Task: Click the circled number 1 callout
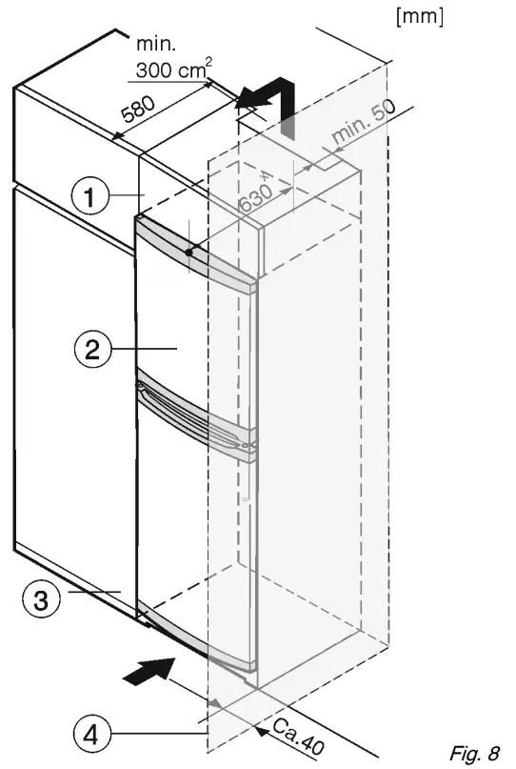pyautogui.click(x=89, y=197)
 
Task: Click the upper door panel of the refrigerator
pyautogui.click(x=195, y=324)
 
